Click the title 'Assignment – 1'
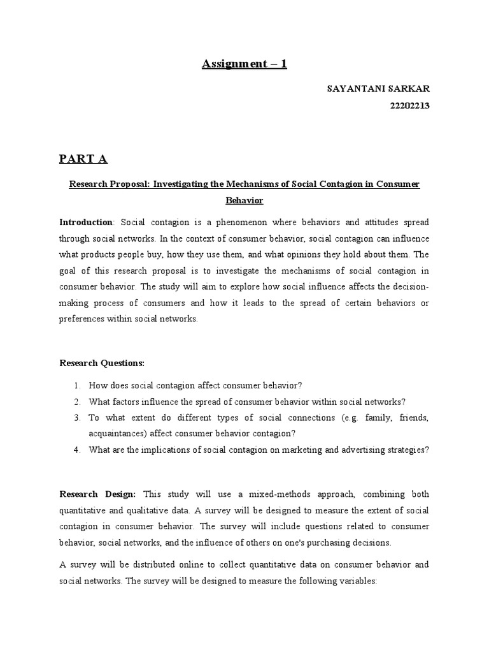coord(244,64)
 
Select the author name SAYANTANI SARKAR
coord(378,90)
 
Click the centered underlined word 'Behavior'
coord(244,200)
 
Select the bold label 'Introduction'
coord(85,223)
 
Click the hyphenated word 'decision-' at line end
coord(407,287)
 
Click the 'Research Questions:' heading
coord(102,363)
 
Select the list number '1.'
coord(76,385)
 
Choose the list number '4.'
coord(76,450)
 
